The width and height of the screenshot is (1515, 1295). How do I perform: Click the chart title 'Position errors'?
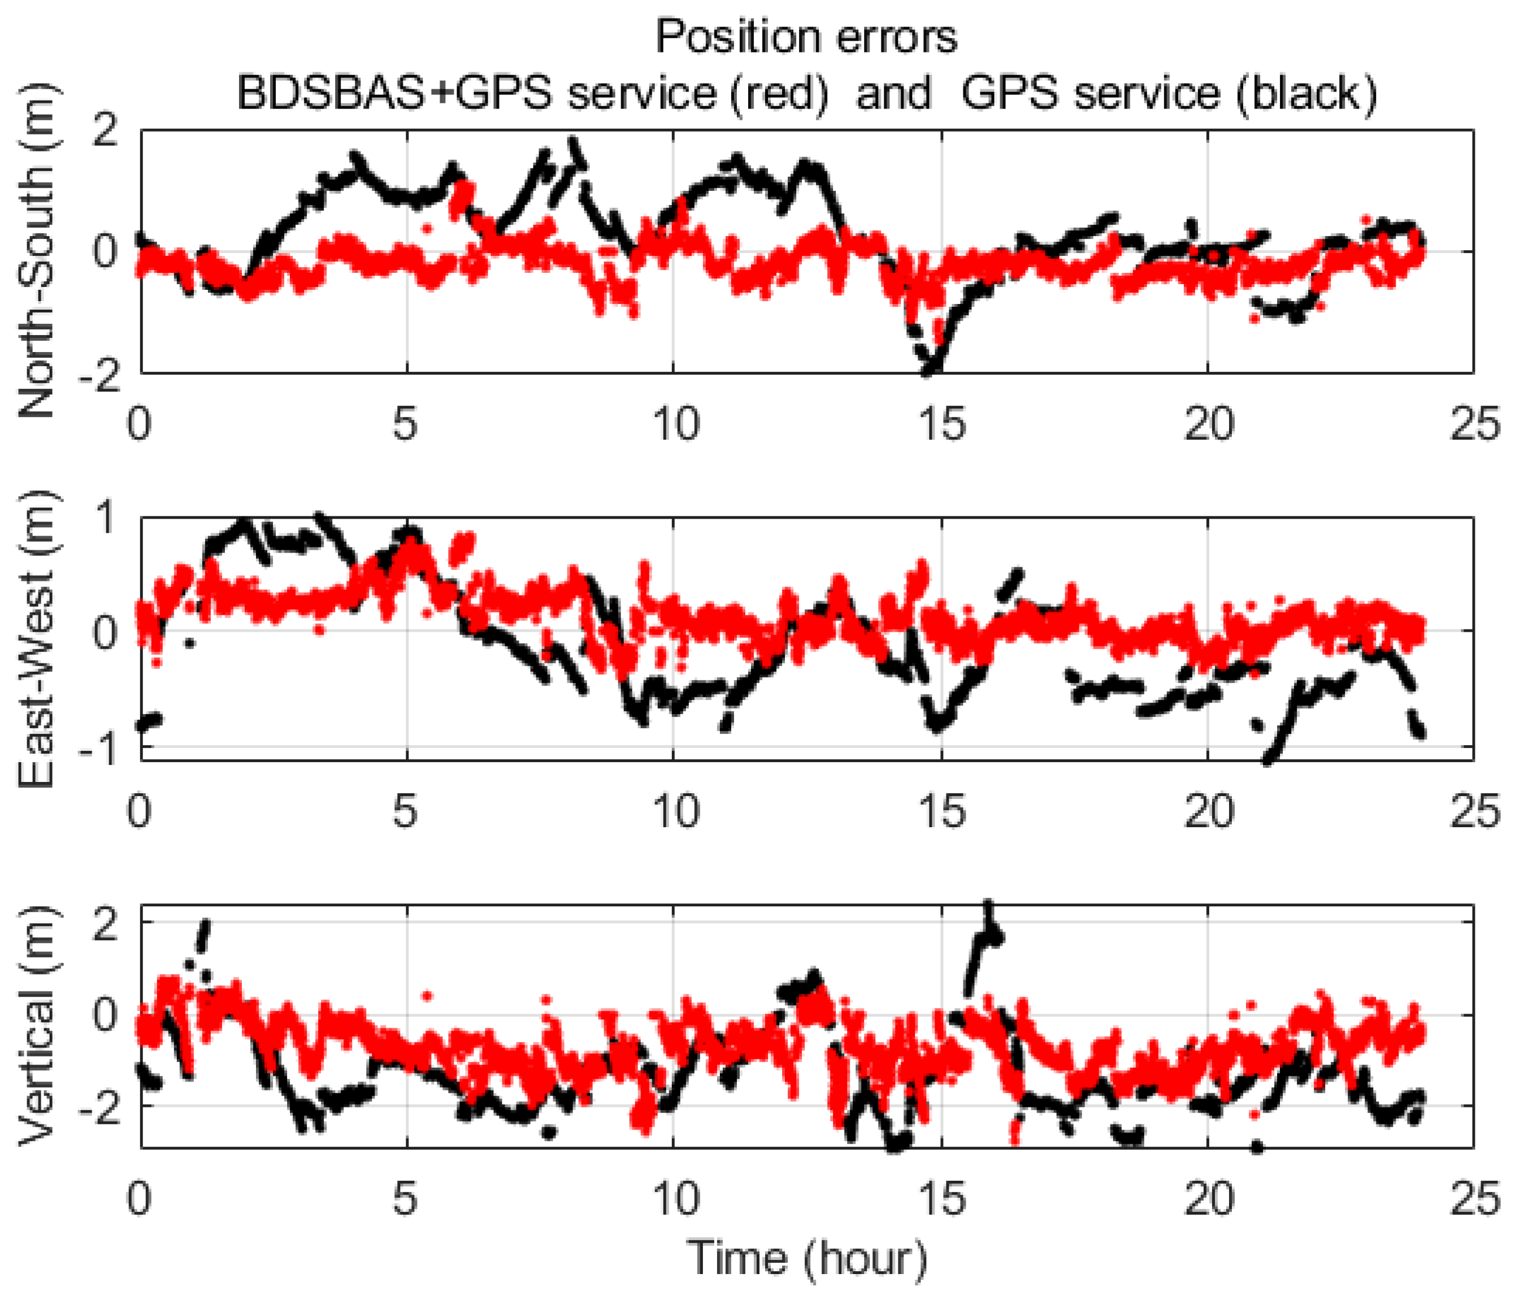[x=806, y=37]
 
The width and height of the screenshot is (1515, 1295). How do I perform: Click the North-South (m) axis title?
[x=38, y=251]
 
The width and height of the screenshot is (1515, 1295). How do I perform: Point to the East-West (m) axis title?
[x=38, y=639]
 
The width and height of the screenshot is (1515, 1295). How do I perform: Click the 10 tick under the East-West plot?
[x=674, y=812]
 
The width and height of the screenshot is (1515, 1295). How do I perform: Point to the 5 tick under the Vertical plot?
[x=406, y=1198]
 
